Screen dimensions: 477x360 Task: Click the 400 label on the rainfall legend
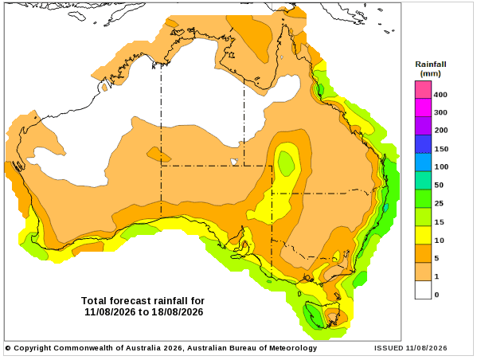point(440,95)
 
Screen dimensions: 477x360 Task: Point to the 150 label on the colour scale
point(441,149)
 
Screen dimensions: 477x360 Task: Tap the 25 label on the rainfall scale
point(438,203)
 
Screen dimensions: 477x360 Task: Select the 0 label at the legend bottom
point(436,294)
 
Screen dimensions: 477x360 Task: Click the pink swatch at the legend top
point(423,90)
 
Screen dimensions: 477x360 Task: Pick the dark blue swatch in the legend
point(423,144)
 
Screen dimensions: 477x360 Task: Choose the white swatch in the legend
point(423,290)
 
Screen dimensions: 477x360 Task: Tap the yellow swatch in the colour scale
point(423,235)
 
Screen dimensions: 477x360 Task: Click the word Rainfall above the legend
point(431,65)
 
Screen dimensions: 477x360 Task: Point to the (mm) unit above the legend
point(431,73)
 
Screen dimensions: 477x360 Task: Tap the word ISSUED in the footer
point(389,348)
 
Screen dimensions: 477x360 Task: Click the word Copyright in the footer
point(33,348)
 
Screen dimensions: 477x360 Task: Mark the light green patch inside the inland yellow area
point(286,163)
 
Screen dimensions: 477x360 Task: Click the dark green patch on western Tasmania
point(313,315)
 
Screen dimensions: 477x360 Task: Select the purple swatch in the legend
point(423,126)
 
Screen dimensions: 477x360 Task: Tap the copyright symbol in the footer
point(8,348)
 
